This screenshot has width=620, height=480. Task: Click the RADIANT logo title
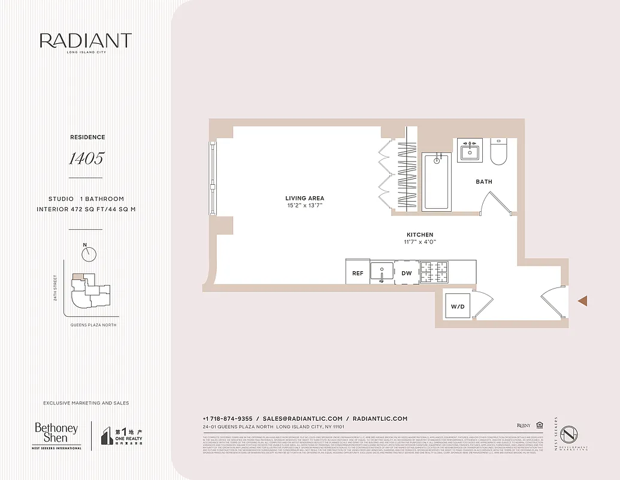click(86, 41)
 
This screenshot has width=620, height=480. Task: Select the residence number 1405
click(86, 158)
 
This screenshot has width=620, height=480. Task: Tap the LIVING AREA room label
click(304, 198)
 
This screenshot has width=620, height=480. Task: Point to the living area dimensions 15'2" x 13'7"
click(304, 206)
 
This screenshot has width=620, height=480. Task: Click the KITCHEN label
click(419, 235)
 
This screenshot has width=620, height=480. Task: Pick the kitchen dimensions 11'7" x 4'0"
click(419, 242)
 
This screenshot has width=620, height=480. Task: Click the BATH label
click(484, 182)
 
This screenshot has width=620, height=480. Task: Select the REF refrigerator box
click(358, 272)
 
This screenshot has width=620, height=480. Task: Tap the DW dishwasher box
click(407, 272)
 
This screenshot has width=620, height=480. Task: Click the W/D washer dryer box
click(458, 307)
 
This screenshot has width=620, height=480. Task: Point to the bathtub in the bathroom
click(436, 181)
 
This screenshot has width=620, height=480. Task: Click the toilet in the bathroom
click(498, 152)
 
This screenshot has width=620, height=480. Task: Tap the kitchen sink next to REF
click(382, 272)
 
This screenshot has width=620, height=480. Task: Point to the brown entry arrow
click(582, 301)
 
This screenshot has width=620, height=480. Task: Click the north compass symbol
click(89, 254)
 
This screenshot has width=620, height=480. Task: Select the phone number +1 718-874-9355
click(228, 419)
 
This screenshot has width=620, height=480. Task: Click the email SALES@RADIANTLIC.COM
click(303, 419)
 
